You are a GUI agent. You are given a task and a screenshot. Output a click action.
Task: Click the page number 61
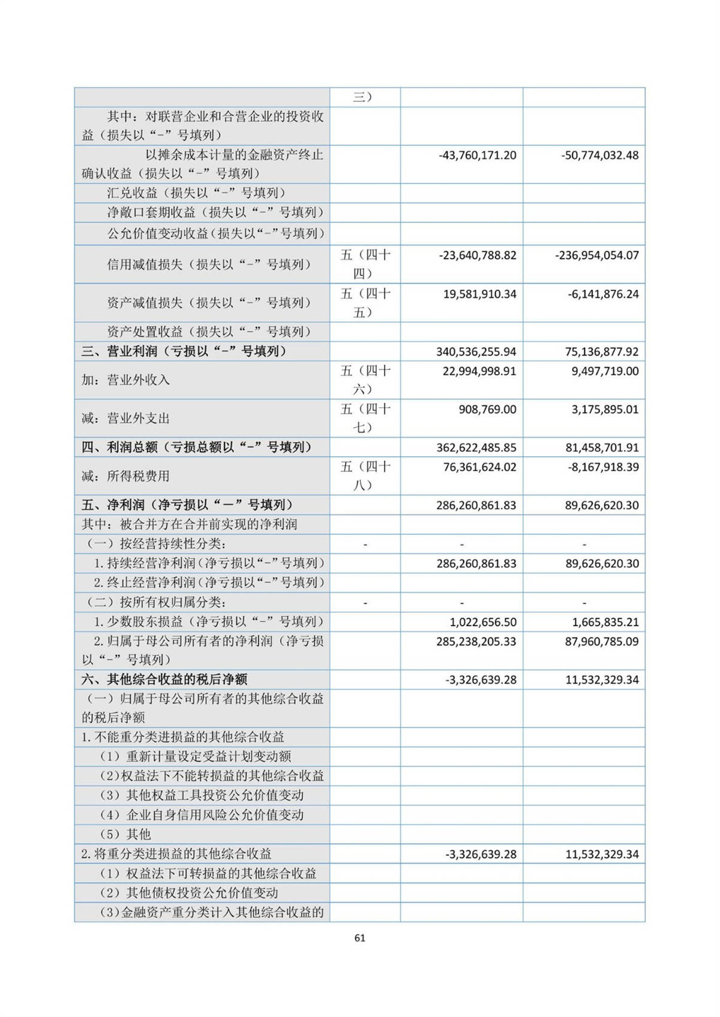coord(360,938)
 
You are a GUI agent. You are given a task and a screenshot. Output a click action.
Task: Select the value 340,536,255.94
coord(476,352)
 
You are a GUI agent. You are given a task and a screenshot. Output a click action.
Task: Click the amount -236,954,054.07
coord(597,255)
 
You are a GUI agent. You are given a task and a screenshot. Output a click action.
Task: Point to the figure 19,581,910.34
coord(479,294)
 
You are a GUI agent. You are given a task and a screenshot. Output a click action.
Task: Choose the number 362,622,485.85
coord(476,448)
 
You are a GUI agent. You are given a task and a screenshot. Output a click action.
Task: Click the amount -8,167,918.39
coord(603,467)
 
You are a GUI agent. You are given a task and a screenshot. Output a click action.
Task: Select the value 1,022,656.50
coord(483,622)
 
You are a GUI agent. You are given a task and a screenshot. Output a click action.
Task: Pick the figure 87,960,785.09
coord(602,642)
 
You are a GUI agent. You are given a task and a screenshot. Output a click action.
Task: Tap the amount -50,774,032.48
coord(600,155)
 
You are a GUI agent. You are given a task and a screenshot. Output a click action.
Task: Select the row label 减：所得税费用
coord(126,476)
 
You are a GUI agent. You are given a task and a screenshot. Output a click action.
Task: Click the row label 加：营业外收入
coord(126,380)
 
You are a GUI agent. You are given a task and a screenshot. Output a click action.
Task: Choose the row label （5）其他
coord(125,834)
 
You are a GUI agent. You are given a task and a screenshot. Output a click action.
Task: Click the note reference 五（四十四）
coord(365,264)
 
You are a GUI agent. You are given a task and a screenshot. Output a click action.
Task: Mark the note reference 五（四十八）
coord(365,476)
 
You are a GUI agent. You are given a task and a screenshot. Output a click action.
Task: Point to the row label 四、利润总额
coord(197,447)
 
